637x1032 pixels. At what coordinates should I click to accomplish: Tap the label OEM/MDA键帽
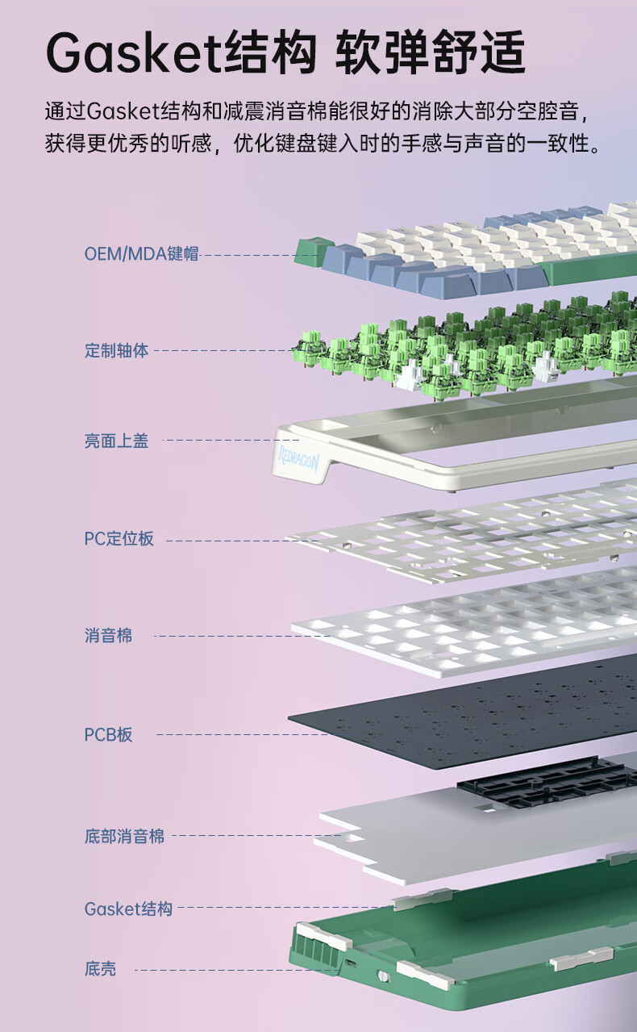coord(141,253)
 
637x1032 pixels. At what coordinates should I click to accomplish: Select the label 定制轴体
coord(116,351)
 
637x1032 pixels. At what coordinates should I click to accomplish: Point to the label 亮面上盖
coord(116,441)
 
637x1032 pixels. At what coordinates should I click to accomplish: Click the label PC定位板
coord(119,539)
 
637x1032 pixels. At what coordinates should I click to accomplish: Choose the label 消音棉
coord(108,636)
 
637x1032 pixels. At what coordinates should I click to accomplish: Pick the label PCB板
coord(108,734)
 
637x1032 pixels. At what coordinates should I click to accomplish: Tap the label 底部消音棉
coord(124,836)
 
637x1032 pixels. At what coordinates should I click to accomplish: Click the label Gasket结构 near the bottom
coord(128,909)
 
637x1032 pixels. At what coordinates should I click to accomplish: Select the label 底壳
coord(100,968)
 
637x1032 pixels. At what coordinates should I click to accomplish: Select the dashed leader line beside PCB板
coord(242,734)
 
